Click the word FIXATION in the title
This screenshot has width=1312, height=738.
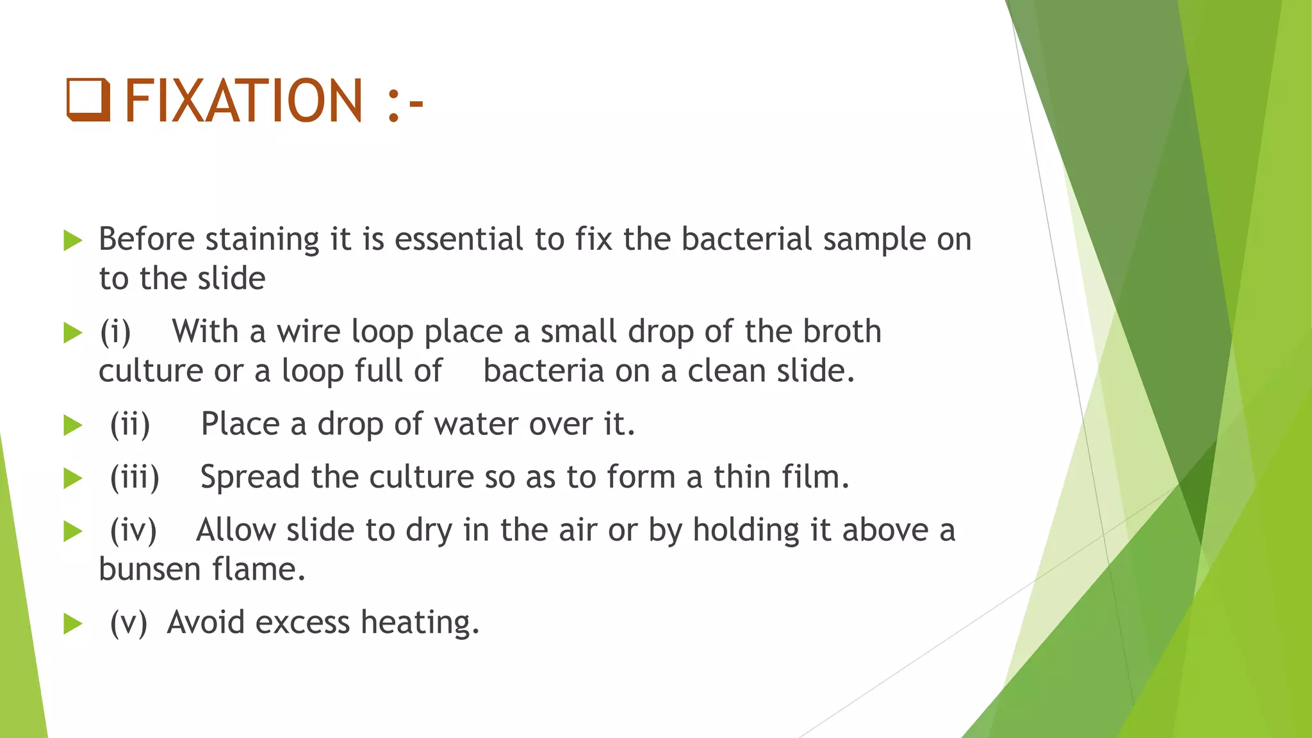[244, 101]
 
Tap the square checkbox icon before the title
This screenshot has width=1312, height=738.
[88, 101]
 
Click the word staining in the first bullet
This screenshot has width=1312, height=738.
[262, 240]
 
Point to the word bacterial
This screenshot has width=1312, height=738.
[746, 240]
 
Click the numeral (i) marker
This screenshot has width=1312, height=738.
[115, 332]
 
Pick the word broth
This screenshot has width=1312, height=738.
[842, 332]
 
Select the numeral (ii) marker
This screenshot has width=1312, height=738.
[130, 425]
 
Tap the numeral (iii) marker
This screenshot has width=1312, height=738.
[135, 478]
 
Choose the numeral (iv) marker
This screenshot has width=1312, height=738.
[133, 531]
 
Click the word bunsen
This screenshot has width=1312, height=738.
[149, 570]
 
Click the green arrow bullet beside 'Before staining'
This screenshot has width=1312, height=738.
[73, 242]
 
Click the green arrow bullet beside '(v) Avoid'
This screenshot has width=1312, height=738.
[73, 624]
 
